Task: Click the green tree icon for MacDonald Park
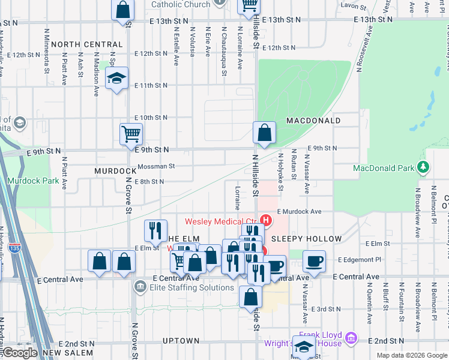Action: coord(424,166)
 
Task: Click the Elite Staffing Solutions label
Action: coord(191,287)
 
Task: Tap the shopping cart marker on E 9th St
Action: coord(131,134)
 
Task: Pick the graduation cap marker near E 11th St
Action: coord(117,79)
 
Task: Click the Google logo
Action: coord(20,353)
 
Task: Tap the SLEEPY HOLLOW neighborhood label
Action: coord(306,239)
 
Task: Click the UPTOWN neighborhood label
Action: coord(181,341)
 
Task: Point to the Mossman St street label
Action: coord(156,166)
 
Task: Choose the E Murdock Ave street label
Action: coord(300,212)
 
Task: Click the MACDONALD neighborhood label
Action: coord(313,121)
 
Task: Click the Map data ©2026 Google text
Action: coord(412,355)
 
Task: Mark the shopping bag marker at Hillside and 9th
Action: coord(264,133)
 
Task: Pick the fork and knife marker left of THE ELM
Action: coord(155,230)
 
